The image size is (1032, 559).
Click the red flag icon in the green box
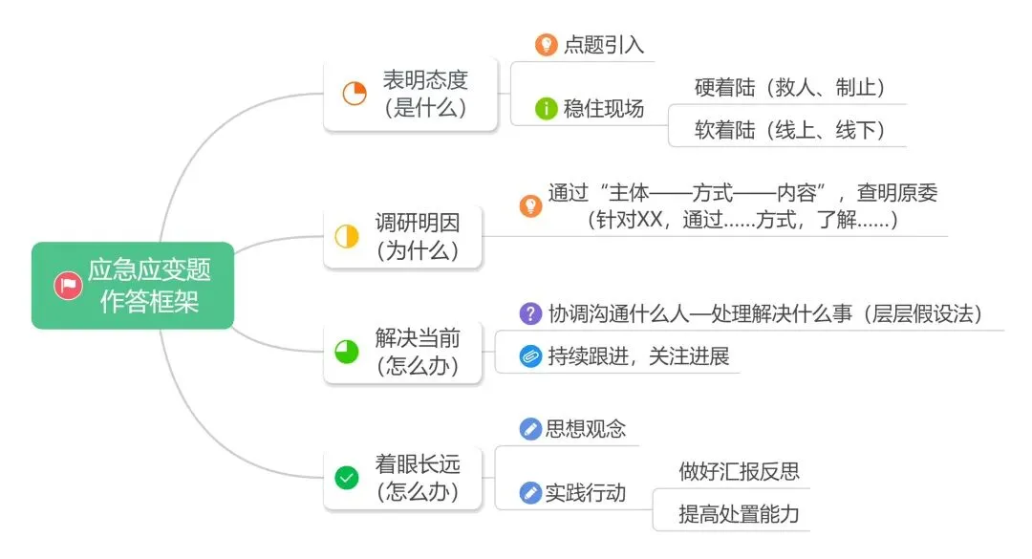coord(67,286)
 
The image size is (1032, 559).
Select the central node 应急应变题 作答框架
coord(148,286)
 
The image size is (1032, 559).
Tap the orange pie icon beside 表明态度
coord(355,94)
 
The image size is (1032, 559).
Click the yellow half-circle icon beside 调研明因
coord(346,236)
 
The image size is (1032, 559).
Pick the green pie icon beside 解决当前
coord(346,352)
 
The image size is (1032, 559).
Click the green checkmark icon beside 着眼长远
coord(346,478)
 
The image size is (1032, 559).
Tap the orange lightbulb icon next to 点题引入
coord(545,44)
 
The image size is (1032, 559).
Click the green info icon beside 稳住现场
coord(546,108)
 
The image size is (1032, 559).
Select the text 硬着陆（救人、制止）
coord(785,87)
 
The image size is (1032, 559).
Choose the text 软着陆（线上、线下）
coord(785,130)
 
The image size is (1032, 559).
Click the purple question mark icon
coord(529,313)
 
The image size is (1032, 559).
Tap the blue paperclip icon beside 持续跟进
coord(529,356)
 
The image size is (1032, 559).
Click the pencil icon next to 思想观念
coord(529,429)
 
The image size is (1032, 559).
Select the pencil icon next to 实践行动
coord(529,493)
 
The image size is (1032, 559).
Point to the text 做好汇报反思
coord(739,471)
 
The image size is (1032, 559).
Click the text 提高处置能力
coord(739,515)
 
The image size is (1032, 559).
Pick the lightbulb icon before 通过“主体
coord(530,205)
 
